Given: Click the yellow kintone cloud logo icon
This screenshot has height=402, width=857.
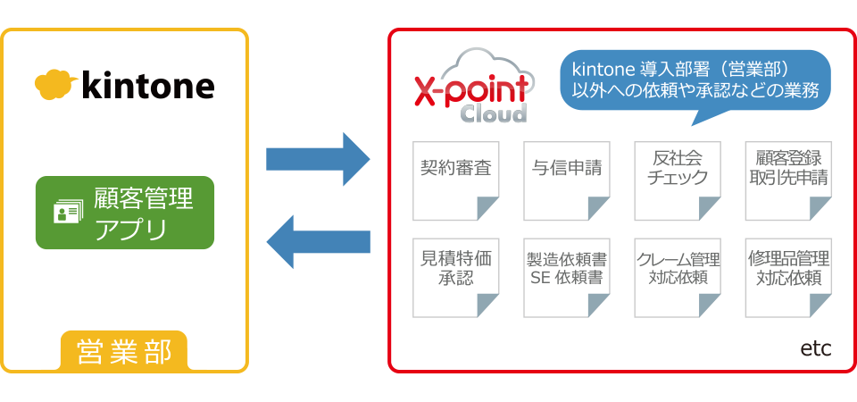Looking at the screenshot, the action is [55, 85].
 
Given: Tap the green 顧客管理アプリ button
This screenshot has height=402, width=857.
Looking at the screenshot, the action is [125, 213].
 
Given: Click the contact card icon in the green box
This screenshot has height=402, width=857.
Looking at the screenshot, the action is [69, 211].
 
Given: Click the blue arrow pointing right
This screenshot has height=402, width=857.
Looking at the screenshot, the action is [318, 159].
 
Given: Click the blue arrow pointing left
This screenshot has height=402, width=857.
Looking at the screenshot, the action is [318, 241].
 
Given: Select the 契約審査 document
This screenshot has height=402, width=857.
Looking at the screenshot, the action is [455, 181].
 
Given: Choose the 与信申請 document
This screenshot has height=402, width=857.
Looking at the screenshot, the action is [567, 181].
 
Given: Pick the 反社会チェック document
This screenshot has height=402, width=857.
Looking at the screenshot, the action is [678, 181].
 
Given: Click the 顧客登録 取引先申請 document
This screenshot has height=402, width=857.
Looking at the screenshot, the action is [788, 181].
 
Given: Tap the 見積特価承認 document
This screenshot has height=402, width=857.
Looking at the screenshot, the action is [455, 278].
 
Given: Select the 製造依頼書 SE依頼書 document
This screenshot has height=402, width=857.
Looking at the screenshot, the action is [567, 278].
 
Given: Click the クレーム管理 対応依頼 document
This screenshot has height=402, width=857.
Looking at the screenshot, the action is [678, 278].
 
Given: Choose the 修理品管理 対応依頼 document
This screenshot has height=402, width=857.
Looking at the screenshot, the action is [788, 278].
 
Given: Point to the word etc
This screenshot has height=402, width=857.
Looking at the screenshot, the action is [815, 349].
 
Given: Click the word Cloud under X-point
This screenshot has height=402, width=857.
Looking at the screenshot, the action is [494, 113].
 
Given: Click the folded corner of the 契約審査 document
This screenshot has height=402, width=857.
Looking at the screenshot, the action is [487, 209].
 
